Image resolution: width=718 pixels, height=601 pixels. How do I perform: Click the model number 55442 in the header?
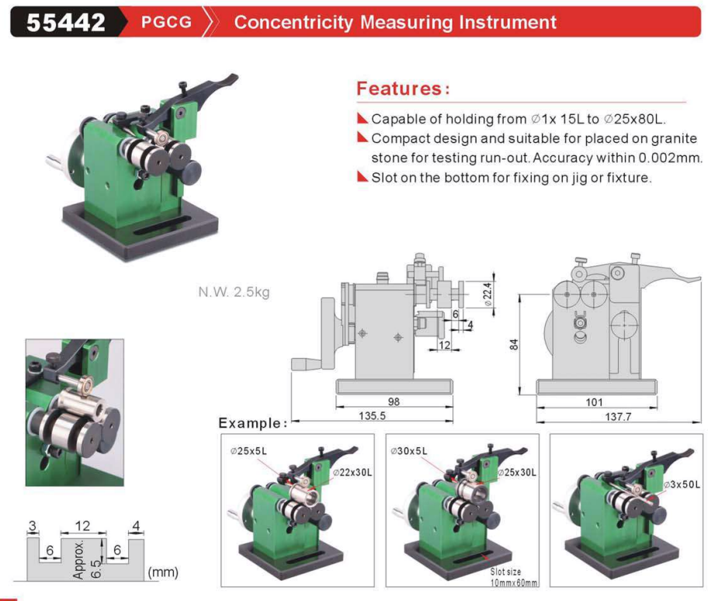click(x=66, y=22)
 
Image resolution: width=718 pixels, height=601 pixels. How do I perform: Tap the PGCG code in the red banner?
click(x=166, y=22)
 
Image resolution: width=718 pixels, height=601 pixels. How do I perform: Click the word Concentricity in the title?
click(x=293, y=23)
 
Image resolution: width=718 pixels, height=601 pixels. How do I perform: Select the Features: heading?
click(x=403, y=89)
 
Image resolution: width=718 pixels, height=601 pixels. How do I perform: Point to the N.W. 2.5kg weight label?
click(x=234, y=292)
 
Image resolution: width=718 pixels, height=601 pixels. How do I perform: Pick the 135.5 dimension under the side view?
click(x=372, y=415)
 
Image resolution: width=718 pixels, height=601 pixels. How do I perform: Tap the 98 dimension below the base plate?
click(x=394, y=401)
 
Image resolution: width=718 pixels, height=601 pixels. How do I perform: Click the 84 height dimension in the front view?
click(x=514, y=345)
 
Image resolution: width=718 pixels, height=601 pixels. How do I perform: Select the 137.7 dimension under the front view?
click(x=618, y=416)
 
